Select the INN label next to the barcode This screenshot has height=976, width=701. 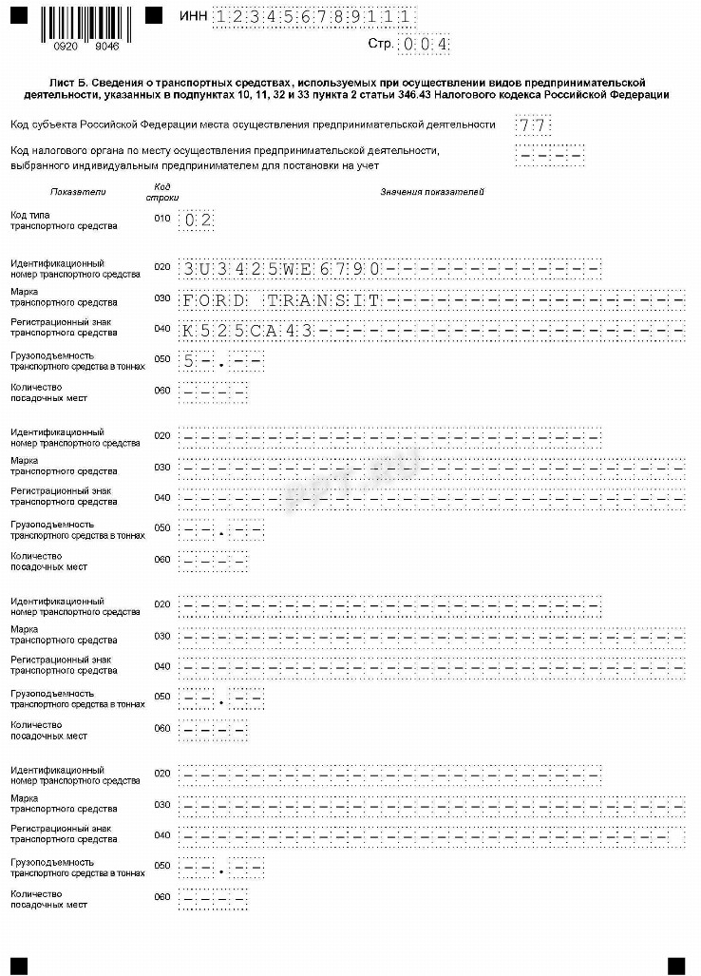pos(193,16)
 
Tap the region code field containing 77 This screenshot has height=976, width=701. pos(534,125)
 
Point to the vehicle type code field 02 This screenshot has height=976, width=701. pos(199,220)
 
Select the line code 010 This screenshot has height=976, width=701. pos(161,220)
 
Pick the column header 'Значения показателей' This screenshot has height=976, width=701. pos(432,193)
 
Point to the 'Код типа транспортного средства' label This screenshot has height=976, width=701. pos(63,220)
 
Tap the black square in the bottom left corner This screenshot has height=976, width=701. pos(19,965)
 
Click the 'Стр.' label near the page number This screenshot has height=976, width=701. pos(381,44)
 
